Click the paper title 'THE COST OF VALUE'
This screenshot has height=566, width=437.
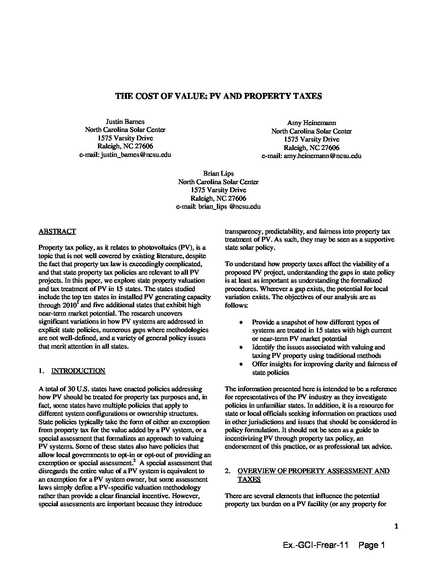pos(218,96)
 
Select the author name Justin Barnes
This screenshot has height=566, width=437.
pos(125,121)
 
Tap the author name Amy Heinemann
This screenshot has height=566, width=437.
pos(311,123)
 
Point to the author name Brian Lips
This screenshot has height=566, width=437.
pos(218,173)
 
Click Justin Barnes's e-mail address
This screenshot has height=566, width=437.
pos(125,155)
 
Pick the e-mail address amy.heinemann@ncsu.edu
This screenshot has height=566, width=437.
pos(311,156)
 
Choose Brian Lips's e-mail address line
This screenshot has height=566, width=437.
pos(218,207)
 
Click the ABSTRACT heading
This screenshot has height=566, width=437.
pos(57,232)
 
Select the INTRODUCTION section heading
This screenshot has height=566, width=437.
pos(78,371)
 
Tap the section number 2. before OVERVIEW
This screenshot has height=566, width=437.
pos(227,471)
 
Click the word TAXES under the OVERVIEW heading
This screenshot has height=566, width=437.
pos(249,479)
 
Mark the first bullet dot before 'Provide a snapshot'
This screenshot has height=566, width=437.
pos(241,322)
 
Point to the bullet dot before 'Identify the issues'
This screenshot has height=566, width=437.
pos(241,347)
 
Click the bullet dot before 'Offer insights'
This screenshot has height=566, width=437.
pos(241,364)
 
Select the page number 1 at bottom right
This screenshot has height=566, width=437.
pos(396,526)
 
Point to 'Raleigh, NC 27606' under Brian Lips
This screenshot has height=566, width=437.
pos(218,198)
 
